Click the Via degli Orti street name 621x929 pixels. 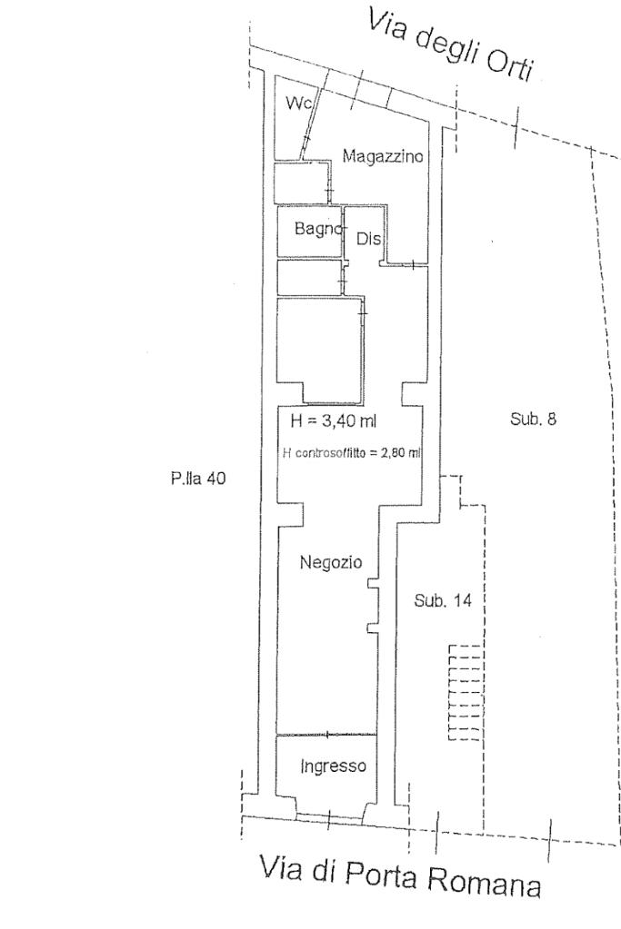click(451, 44)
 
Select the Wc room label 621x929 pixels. click(298, 104)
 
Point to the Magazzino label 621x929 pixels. click(383, 156)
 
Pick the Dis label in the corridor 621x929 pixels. click(368, 239)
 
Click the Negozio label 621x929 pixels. click(331, 561)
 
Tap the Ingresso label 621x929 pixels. click(333, 766)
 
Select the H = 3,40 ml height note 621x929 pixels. click(334, 420)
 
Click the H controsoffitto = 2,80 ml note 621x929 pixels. click(352, 454)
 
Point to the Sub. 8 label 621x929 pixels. click(533, 419)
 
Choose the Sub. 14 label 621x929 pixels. click(443, 600)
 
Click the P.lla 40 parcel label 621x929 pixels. click(198, 479)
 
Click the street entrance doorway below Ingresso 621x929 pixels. click(330, 818)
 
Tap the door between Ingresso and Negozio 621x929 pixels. click(326, 735)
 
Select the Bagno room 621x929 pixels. click(310, 231)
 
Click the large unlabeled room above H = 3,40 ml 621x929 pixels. click(320, 351)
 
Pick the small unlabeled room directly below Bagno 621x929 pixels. click(310, 277)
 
